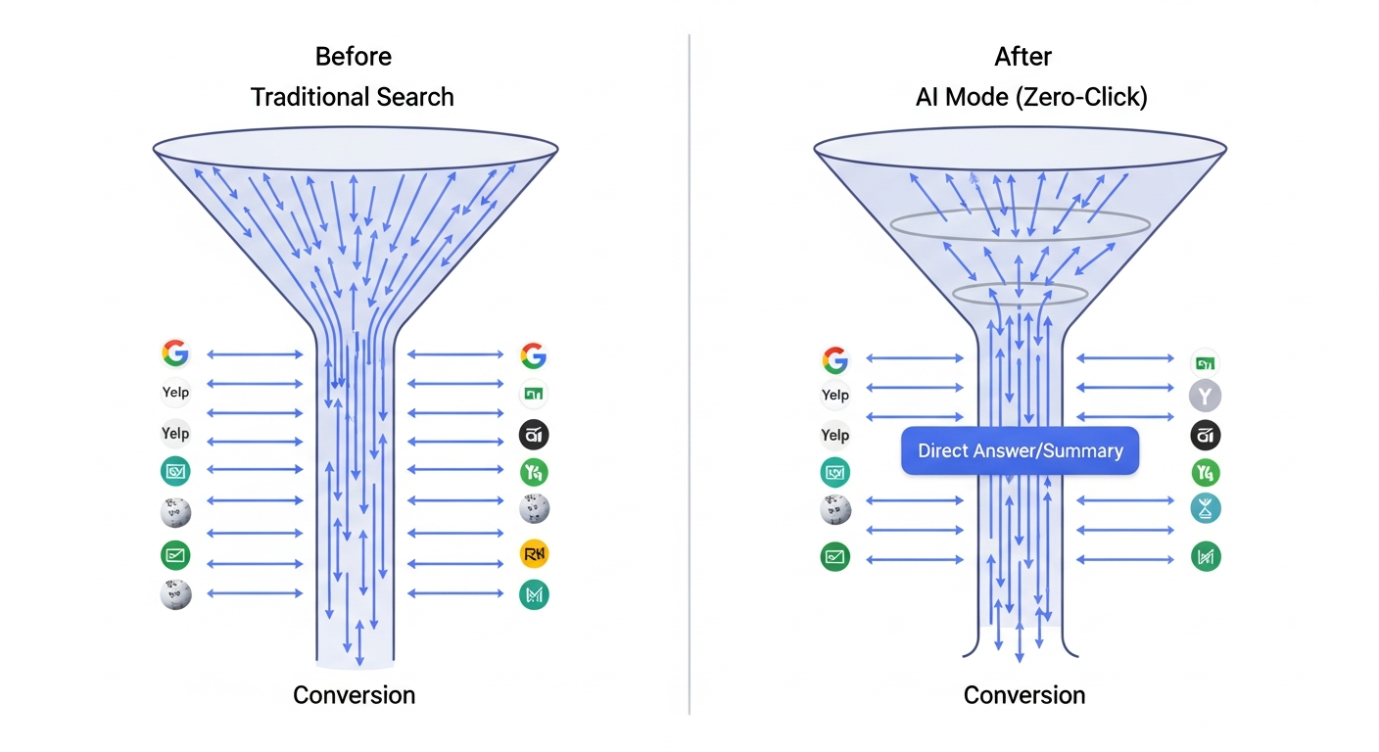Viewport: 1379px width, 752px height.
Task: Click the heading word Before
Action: [353, 57]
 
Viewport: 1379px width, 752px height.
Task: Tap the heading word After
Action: [1023, 57]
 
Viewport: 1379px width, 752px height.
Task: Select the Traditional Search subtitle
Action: [353, 97]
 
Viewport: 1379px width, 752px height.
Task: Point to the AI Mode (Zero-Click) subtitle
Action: [1031, 97]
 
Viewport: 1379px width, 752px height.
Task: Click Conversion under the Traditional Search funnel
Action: [355, 695]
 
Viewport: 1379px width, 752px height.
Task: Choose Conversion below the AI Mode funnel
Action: [1024, 695]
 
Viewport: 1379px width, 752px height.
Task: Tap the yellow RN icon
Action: [534, 554]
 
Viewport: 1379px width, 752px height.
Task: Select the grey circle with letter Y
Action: [1205, 397]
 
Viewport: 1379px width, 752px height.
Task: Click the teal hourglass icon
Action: [1206, 508]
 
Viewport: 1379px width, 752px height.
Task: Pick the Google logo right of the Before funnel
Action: [533, 354]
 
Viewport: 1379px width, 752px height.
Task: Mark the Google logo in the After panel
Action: [834, 360]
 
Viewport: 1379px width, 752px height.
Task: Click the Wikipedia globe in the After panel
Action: [835, 509]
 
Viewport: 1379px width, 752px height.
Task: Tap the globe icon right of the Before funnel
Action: [534, 508]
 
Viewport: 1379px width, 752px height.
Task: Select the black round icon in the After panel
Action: [1206, 436]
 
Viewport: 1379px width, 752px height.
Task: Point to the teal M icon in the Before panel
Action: [534, 594]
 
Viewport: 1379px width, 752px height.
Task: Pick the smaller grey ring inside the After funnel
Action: [1020, 294]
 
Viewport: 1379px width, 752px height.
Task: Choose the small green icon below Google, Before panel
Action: [533, 395]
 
